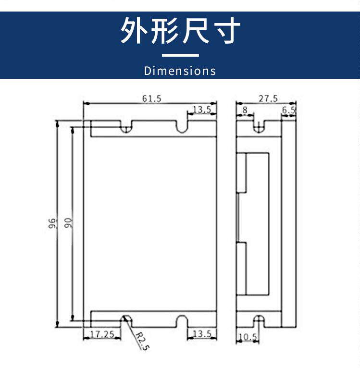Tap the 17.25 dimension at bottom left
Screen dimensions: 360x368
click(x=102, y=333)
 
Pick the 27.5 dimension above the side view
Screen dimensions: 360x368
click(x=268, y=98)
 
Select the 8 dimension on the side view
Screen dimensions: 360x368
click(x=245, y=110)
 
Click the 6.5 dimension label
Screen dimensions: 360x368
click(x=289, y=110)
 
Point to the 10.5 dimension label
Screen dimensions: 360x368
click(x=248, y=337)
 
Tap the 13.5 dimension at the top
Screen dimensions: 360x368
click(x=202, y=110)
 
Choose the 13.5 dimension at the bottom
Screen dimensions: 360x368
click(x=202, y=333)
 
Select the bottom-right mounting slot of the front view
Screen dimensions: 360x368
click(x=181, y=320)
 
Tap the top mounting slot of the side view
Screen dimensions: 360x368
click(x=259, y=127)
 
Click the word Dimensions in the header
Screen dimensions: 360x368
click(x=180, y=71)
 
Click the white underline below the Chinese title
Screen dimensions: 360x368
click(x=180, y=55)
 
